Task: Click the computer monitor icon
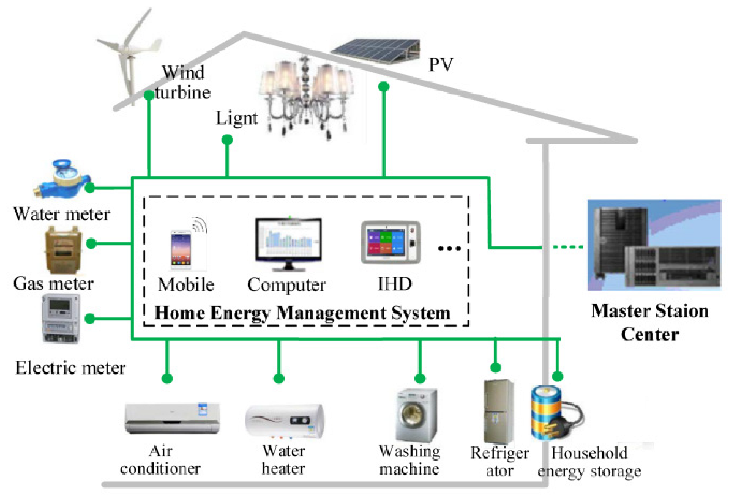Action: [288, 245]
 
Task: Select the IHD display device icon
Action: [391, 244]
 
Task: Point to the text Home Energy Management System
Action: [303, 313]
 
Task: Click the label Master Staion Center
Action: [650, 322]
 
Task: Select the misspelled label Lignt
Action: [237, 117]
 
